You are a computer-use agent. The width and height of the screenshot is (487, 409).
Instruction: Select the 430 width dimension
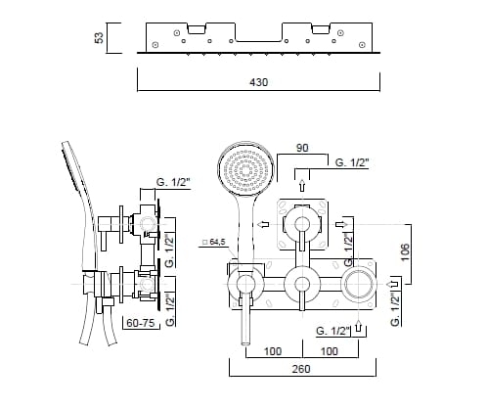(257, 85)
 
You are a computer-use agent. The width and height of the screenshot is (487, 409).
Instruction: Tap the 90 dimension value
(303, 150)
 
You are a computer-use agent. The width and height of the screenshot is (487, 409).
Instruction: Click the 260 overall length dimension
(302, 369)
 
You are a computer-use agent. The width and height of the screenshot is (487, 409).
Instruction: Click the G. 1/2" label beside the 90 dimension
(354, 161)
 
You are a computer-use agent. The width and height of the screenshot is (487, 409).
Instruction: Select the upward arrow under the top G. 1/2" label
(302, 182)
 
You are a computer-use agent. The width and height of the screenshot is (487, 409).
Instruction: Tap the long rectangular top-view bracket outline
(257, 38)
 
